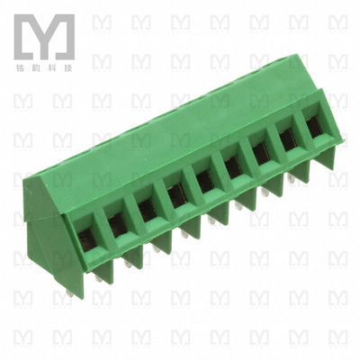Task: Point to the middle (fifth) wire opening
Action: tap(203, 179)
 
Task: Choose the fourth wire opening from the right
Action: tap(231, 166)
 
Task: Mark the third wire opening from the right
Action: tap(259, 154)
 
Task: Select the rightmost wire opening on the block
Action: tap(312, 127)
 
